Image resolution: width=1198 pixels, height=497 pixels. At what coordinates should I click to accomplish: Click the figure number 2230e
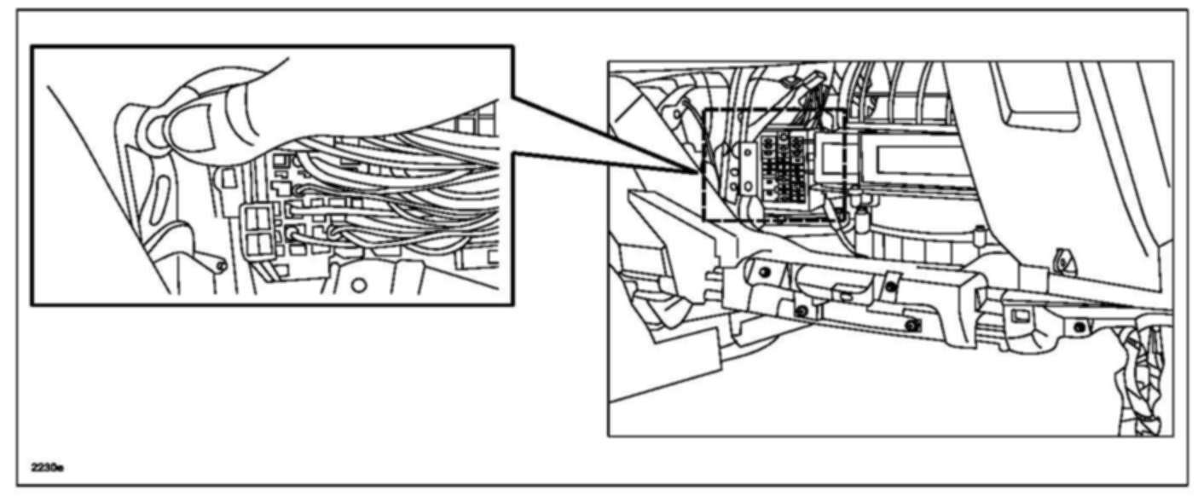[x=48, y=468]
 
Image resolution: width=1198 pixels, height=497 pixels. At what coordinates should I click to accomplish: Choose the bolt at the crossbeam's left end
[x=764, y=272]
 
